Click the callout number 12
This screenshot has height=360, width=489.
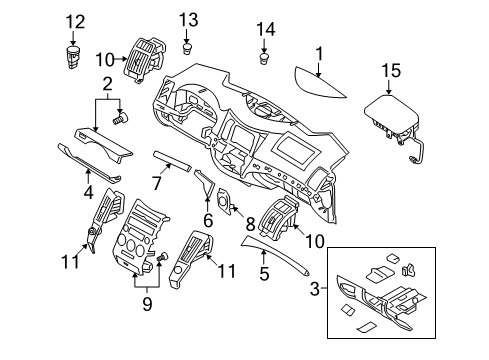pyautogui.click(x=75, y=22)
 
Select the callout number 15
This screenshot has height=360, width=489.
pyautogui.click(x=391, y=71)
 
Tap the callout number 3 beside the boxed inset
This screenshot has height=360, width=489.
pyautogui.click(x=315, y=288)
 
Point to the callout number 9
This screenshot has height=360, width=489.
pyautogui.click(x=147, y=304)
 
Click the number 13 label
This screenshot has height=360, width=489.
pyautogui.click(x=189, y=20)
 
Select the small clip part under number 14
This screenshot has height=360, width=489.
pyautogui.click(x=264, y=60)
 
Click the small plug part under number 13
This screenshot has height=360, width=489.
pyautogui.click(x=189, y=48)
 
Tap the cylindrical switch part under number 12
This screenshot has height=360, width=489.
pyautogui.click(x=73, y=57)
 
